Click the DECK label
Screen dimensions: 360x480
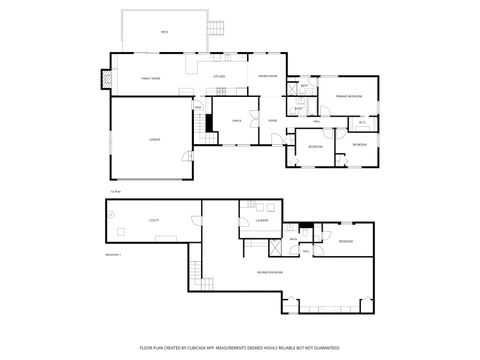[x=163, y=33]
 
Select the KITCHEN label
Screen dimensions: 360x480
[x=219, y=77]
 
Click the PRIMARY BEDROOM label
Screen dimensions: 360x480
[x=348, y=96]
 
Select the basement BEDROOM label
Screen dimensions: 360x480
[x=345, y=241]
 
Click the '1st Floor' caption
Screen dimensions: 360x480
[x=115, y=190]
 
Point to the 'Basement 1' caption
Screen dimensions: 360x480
[x=113, y=255]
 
